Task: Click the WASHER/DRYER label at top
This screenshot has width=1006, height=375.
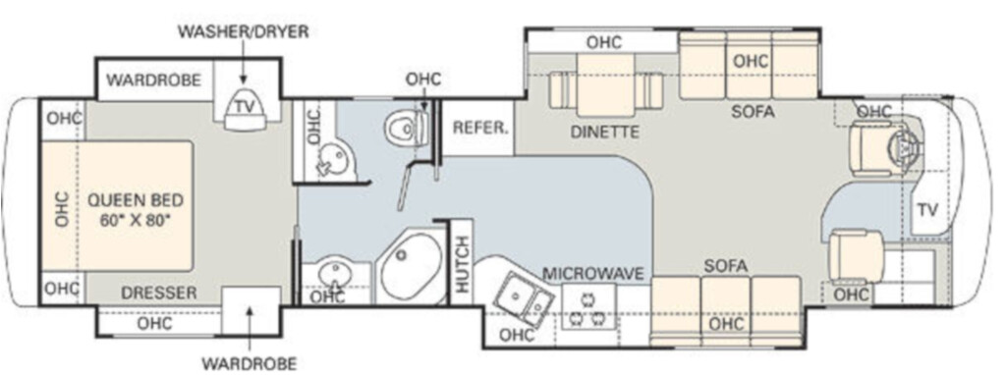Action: [244, 32]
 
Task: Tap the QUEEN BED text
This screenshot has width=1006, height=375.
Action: [136, 200]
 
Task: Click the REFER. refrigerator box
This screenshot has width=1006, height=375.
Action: [479, 127]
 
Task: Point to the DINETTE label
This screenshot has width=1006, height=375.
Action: [605, 133]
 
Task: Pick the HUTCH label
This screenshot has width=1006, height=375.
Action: [462, 264]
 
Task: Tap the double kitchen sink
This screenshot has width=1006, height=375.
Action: [524, 298]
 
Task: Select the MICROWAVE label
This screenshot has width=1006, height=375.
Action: [592, 274]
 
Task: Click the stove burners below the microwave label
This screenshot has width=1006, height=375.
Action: [589, 307]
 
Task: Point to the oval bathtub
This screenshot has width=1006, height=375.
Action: [411, 266]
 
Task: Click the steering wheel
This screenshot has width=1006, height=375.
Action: [906, 148]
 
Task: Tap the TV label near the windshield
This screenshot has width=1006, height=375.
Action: [927, 210]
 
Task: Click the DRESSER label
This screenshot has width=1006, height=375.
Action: [158, 294]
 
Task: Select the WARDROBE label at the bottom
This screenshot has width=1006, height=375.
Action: [250, 363]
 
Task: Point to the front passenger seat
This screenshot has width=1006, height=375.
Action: [856, 256]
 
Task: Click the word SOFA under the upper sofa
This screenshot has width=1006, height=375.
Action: [753, 112]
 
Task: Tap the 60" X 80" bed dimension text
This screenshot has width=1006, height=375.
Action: [136, 221]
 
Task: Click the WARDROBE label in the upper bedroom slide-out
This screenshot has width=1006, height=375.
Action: [153, 80]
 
